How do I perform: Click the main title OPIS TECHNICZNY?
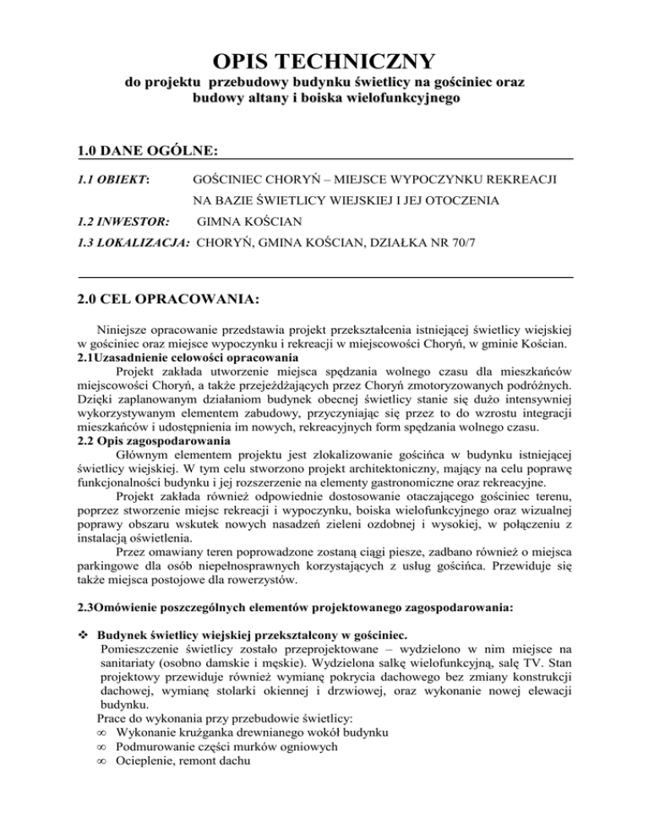tap(324, 62)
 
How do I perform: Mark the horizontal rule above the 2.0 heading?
tap(324, 277)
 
